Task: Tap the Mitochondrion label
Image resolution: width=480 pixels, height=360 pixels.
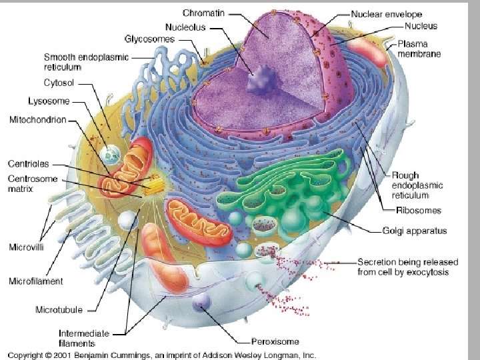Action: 38,120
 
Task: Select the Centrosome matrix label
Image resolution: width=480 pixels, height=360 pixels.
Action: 33,184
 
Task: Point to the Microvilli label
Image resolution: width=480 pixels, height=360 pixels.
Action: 27,247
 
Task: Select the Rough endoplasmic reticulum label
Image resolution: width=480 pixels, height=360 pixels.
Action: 417,185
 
